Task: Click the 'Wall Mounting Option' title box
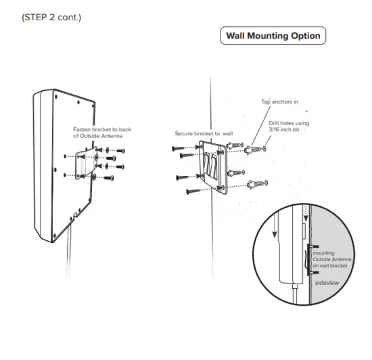(x=272, y=36)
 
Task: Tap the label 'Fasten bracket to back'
(x=101, y=129)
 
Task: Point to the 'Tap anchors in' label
(x=279, y=102)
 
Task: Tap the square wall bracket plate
(x=216, y=169)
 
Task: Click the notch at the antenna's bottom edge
(x=74, y=217)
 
